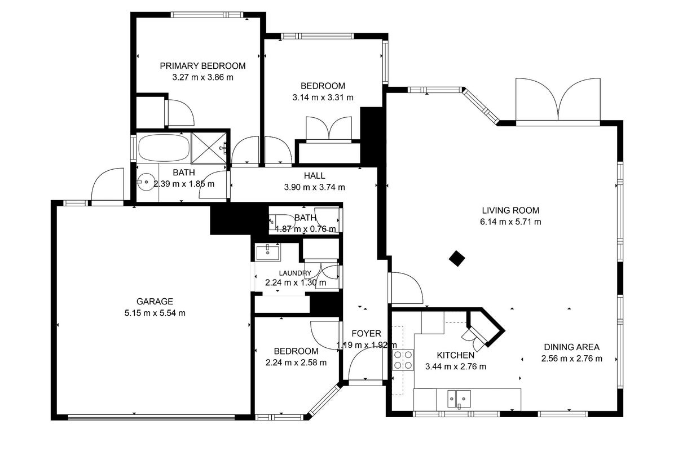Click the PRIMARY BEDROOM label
click(x=202, y=66)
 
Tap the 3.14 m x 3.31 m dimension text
click(x=323, y=98)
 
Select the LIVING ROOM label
click(x=510, y=210)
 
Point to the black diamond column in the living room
click(x=457, y=258)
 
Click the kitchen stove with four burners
click(x=403, y=360)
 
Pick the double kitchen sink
click(x=459, y=399)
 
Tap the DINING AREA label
click(x=571, y=347)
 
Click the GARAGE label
click(x=155, y=302)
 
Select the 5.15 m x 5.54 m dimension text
click(x=155, y=313)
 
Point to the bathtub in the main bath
click(x=164, y=148)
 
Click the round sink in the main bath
click(x=146, y=182)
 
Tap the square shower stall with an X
click(x=209, y=148)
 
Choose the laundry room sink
click(x=268, y=252)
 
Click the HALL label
click(x=314, y=176)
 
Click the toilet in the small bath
click(x=277, y=221)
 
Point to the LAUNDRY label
click(x=295, y=273)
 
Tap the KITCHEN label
click(x=456, y=355)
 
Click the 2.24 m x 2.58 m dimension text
click(x=296, y=362)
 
